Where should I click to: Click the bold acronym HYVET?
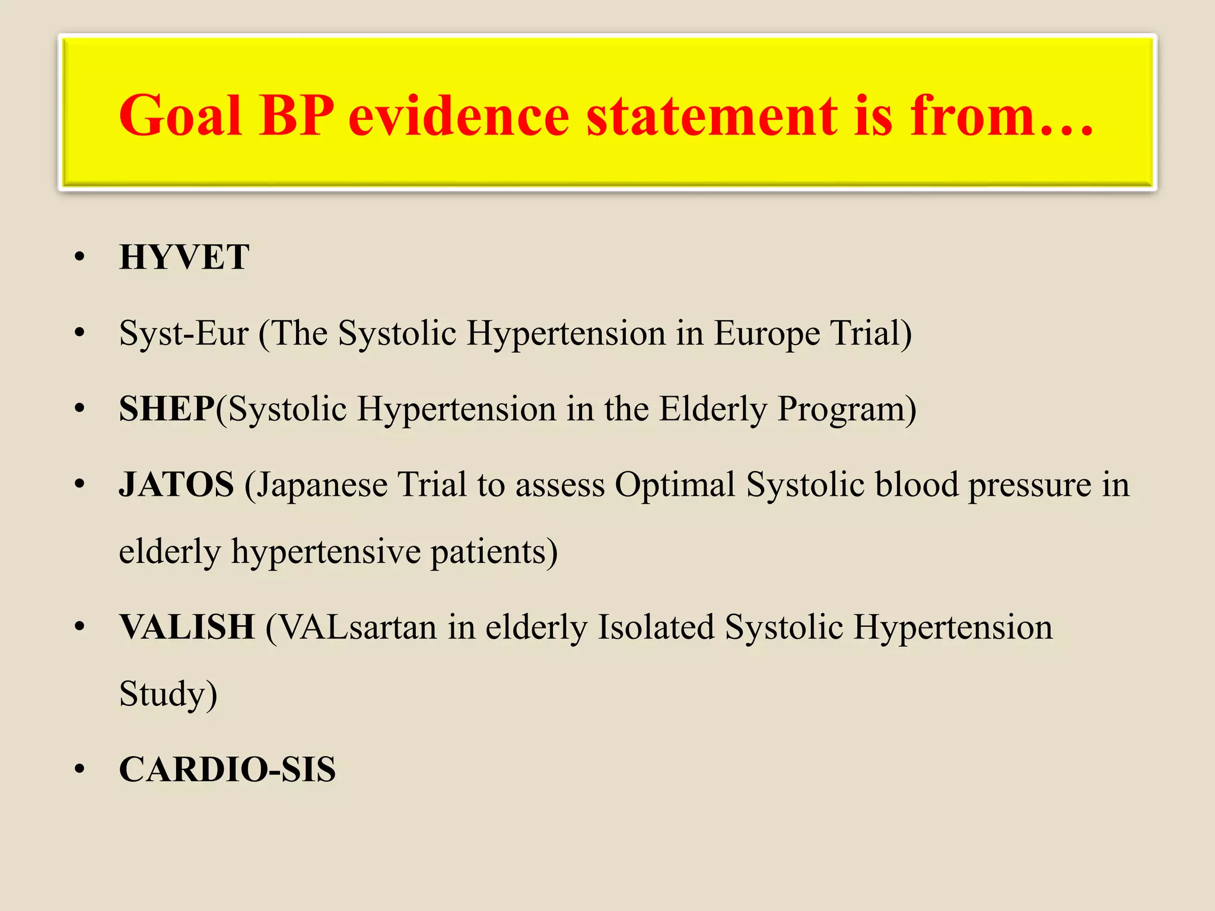coord(184,257)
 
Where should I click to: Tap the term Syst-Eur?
coord(183,333)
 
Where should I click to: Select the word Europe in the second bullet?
coord(767,333)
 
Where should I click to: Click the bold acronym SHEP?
coord(167,409)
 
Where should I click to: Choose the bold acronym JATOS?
coord(177,485)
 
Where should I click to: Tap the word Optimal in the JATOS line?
coord(675,485)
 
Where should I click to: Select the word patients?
coord(493,552)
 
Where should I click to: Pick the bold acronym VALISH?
coord(187,627)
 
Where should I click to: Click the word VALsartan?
coord(357,627)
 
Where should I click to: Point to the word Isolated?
coord(656,627)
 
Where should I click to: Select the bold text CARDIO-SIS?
coord(227,769)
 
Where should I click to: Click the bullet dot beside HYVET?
coord(80,257)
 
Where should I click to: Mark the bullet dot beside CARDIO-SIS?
coord(80,769)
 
